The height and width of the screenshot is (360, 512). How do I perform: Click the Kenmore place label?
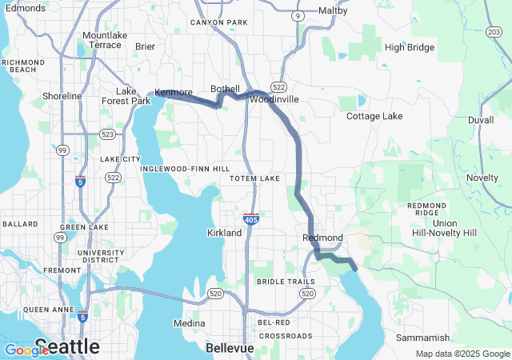point(174,93)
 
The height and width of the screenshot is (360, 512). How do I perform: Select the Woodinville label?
point(274,100)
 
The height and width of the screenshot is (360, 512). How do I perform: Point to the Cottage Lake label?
point(374,116)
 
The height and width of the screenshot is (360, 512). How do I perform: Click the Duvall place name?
point(481,119)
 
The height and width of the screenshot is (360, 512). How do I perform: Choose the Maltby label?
point(333,11)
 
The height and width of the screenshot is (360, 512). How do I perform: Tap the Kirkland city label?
point(224,233)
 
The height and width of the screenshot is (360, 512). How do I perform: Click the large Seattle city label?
point(67,346)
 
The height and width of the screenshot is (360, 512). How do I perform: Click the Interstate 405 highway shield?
point(251,218)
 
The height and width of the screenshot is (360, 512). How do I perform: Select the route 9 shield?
point(298,15)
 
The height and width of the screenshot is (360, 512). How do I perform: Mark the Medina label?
point(190,324)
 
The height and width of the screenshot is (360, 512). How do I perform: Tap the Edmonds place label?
point(25,8)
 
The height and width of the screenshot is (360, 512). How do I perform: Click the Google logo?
point(26,350)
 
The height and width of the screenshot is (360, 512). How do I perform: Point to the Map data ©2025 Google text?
point(462,354)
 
